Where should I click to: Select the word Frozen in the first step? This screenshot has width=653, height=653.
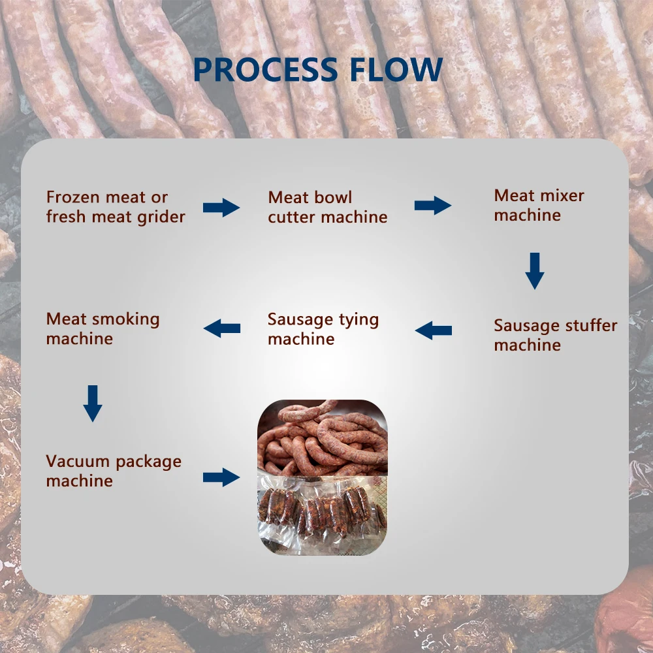pos(72,197)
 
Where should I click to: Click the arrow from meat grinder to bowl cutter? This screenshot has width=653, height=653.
pos(221,208)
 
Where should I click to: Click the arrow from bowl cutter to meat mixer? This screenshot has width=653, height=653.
pos(433,206)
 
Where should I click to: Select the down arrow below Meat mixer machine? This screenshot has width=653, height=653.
pos(535,270)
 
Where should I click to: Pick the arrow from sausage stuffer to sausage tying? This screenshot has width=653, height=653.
pos(433,330)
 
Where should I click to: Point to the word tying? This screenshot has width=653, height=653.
pos(358,320)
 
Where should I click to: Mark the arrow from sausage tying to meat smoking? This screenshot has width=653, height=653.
pos(222,328)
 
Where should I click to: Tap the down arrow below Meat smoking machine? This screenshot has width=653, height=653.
pos(93,403)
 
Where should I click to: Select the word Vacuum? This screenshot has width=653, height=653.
pos(78,462)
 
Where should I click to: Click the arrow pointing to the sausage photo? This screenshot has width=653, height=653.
pos(221,477)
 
